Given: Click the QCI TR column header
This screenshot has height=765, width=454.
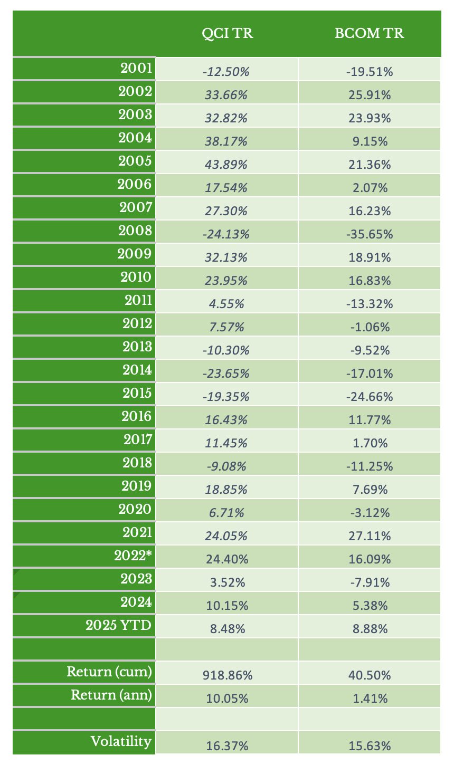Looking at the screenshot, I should pyautogui.click(x=228, y=34).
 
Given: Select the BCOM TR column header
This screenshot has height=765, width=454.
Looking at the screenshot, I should pyautogui.click(x=369, y=34).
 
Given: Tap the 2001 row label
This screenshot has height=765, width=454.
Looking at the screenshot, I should pyautogui.click(x=136, y=68).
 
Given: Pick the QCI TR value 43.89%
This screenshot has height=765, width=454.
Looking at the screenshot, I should pyautogui.click(x=226, y=165).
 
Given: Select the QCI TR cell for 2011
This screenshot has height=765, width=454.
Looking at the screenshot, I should pyautogui.click(x=226, y=304).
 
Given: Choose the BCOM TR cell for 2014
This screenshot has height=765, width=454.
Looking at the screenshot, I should pyautogui.click(x=370, y=374).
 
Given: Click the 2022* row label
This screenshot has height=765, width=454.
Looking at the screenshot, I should pyautogui.click(x=133, y=556).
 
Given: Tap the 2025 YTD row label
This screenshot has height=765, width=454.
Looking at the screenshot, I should pyautogui.click(x=119, y=625).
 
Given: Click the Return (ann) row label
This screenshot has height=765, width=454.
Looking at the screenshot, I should pyautogui.click(x=111, y=695).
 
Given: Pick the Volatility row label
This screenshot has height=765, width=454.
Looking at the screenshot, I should pyautogui.click(x=121, y=741).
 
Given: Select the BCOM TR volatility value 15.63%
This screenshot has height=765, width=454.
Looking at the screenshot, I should pyautogui.click(x=370, y=745).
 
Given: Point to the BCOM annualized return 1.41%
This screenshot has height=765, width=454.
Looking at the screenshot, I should pyautogui.click(x=370, y=699).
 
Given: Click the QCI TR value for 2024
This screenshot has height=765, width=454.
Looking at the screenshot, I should pyautogui.click(x=226, y=606).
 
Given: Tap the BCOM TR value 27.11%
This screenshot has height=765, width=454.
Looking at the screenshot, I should pyautogui.click(x=370, y=536).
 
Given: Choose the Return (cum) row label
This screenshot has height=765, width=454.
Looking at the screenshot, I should pyautogui.click(x=109, y=672).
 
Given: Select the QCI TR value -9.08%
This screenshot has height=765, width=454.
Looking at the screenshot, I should pyautogui.click(x=226, y=466).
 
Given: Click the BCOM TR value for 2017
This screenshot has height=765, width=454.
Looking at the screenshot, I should pyautogui.click(x=370, y=443).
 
